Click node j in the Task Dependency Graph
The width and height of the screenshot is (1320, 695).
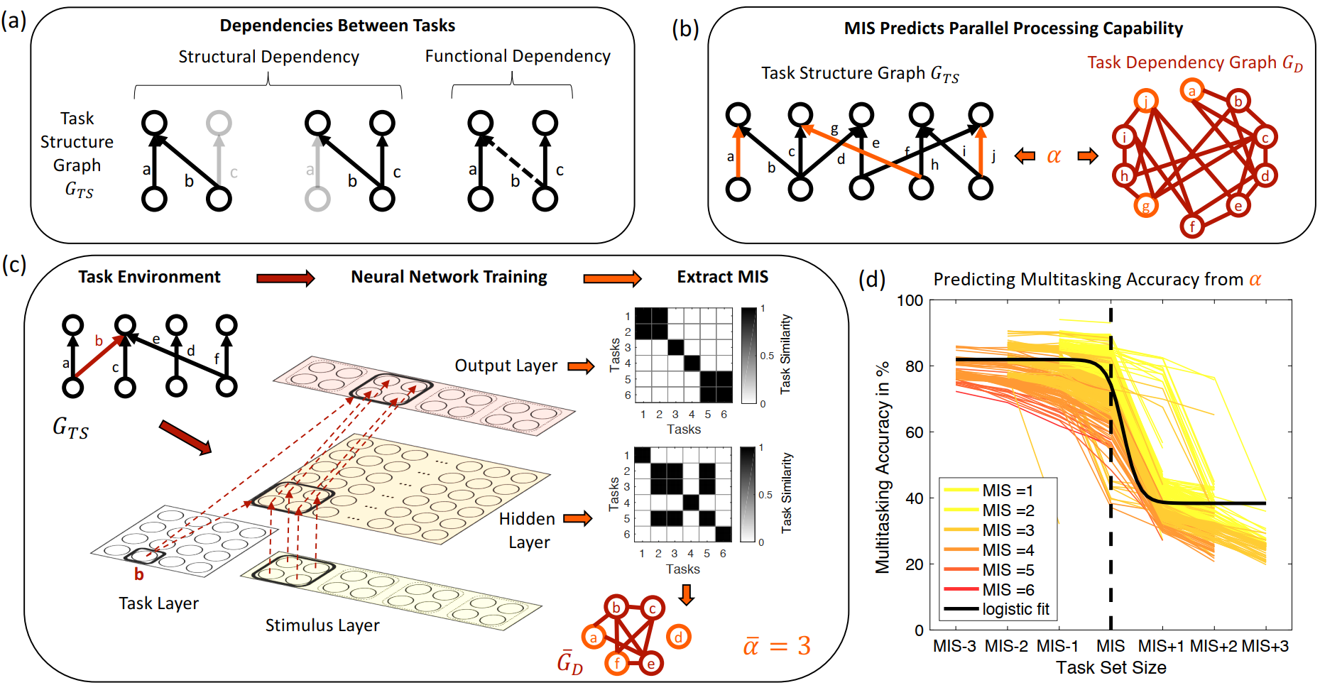click(x=1146, y=102)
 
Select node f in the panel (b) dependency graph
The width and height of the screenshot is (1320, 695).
click(x=1192, y=226)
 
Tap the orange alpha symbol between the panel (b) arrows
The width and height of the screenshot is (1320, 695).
click(x=1054, y=156)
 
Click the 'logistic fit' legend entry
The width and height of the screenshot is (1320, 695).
click(x=1015, y=609)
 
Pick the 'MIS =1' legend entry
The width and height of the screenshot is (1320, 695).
click(x=1008, y=491)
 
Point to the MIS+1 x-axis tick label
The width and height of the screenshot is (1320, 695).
click(x=1161, y=646)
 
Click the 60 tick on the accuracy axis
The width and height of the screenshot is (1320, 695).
click(x=915, y=432)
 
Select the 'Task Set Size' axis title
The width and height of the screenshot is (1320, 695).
click(x=1111, y=668)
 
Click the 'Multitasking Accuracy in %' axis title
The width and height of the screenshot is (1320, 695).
click(x=883, y=468)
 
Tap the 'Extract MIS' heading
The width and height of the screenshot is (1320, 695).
click(x=722, y=277)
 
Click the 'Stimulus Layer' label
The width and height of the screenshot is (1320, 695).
click(x=322, y=625)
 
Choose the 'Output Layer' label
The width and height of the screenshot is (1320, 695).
click(x=506, y=366)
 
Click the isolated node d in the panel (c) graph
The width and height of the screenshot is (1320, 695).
click(x=678, y=637)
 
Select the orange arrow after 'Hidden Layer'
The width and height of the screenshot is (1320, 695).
click(x=577, y=519)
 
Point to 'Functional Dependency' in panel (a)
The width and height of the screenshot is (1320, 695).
click(x=518, y=56)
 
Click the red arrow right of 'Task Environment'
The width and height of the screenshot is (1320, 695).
click(x=285, y=278)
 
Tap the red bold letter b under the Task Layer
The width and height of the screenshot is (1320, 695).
click(x=139, y=574)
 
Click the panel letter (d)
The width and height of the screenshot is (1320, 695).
click(x=872, y=279)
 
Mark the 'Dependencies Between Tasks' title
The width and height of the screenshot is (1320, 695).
click(x=337, y=26)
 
